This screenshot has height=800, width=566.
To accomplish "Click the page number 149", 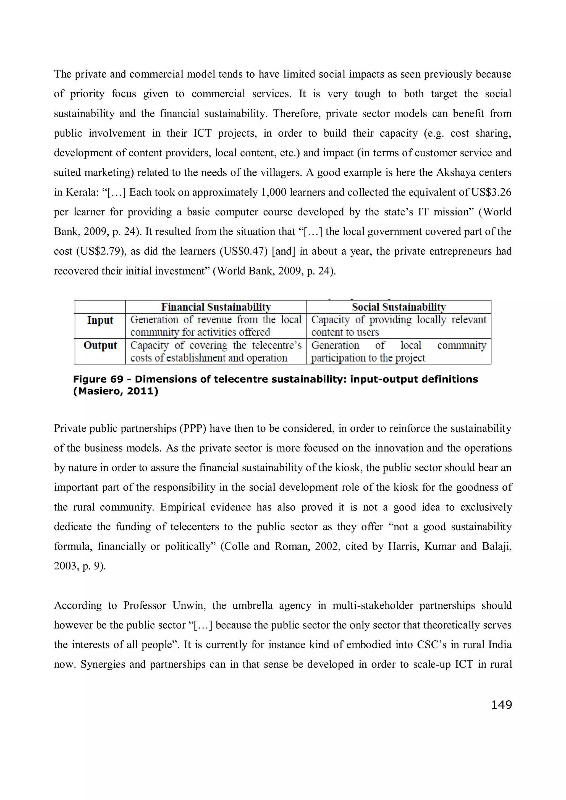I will click(x=501, y=705).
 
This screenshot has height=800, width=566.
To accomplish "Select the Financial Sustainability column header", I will click(x=216, y=307).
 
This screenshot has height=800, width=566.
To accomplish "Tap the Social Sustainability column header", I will click(x=398, y=307).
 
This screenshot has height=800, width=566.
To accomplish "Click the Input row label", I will click(x=100, y=320).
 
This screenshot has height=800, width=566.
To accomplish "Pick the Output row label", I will click(x=100, y=345).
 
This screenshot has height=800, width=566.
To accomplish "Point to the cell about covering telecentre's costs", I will click(x=216, y=351).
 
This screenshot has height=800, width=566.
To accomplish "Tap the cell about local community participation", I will click(x=398, y=351).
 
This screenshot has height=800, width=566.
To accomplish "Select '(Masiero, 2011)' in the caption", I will click(x=116, y=391).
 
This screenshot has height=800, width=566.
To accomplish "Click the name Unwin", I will click(x=187, y=605).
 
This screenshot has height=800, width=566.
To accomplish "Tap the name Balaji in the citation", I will click(x=496, y=546).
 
